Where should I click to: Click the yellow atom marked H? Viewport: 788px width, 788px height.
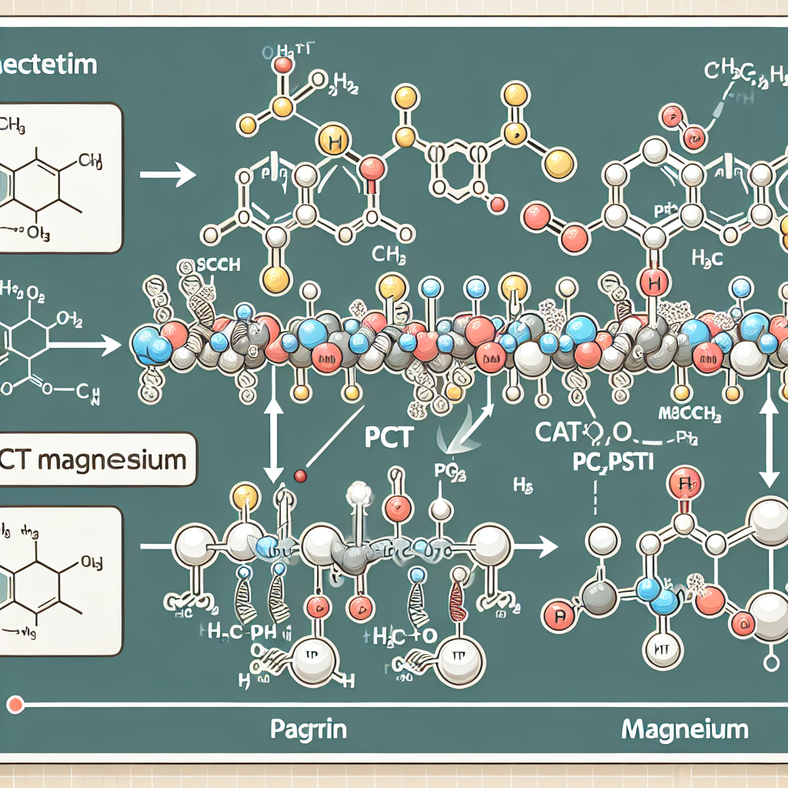point(332,142)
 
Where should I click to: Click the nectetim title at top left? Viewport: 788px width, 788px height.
point(48,65)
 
